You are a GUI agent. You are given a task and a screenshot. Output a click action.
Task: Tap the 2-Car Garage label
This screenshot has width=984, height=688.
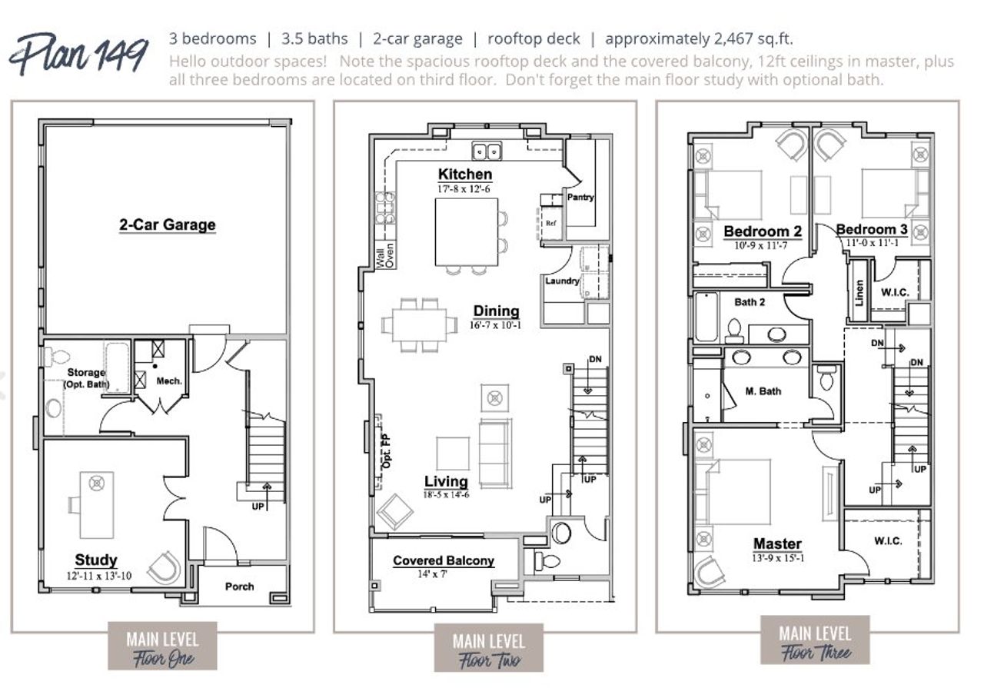(x=167, y=225)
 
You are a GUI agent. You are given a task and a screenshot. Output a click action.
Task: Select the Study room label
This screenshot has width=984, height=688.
(x=96, y=560)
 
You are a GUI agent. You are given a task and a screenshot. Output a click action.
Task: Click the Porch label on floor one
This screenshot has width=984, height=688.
(x=239, y=587)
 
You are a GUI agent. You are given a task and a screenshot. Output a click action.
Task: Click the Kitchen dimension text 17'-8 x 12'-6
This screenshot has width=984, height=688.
(x=464, y=188)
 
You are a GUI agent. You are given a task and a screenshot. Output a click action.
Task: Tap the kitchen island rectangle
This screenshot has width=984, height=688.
(x=467, y=231)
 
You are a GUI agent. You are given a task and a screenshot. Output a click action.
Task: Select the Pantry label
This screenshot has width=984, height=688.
(x=580, y=198)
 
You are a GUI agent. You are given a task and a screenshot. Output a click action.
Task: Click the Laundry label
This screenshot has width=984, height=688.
(x=562, y=281)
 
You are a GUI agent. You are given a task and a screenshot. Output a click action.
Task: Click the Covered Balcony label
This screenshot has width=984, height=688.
(x=444, y=561)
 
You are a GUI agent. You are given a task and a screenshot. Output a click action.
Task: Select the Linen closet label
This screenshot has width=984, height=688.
(x=859, y=291)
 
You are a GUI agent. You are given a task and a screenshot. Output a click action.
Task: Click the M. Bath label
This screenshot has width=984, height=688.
(x=763, y=391)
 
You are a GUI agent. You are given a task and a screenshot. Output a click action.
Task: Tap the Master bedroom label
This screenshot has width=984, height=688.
(x=777, y=543)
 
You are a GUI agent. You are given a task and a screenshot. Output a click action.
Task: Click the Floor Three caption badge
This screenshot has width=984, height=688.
(x=815, y=643)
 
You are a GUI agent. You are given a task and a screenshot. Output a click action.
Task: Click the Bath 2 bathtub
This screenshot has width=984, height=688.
(x=706, y=317)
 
